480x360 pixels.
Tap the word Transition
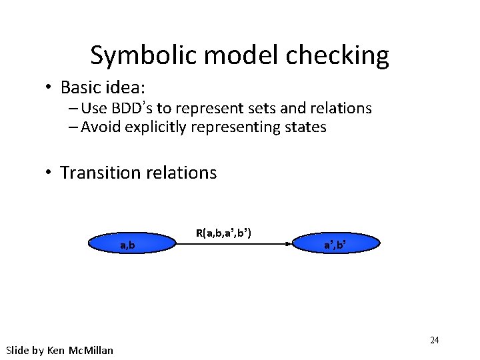tap(97, 173)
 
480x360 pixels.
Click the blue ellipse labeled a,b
tap(132, 245)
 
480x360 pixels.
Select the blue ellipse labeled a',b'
tap(335, 245)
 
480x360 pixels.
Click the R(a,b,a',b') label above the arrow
tap(223, 233)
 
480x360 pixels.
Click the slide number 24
tap(434, 341)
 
